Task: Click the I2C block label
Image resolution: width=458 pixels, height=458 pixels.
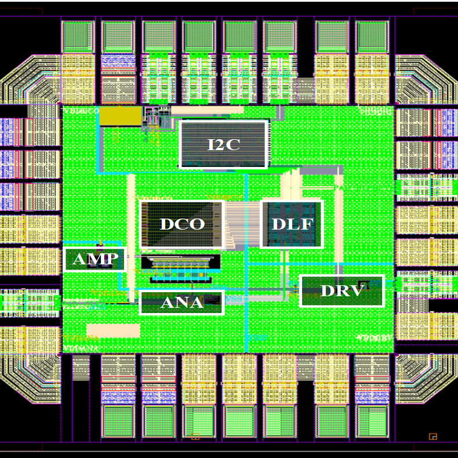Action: pyautogui.click(x=224, y=144)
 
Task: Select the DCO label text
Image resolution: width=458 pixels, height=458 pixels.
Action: pyautogui.click(x=182, y=224)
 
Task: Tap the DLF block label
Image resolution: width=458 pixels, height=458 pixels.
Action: pyautogui.click(x=292, y=224)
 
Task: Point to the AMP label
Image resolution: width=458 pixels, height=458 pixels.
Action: pyautogui.click(x=95, y=259)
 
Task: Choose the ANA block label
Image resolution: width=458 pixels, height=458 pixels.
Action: pyautogui.click(x=181, y=302)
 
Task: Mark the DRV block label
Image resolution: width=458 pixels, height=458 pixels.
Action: pyautogui.click(x=342, y=291)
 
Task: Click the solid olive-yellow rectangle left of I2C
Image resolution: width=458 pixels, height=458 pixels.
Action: pyautogui.click(x=121, y=116)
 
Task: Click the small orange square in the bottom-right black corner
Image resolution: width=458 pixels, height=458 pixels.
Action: pyautogui.click(x=432, y=436)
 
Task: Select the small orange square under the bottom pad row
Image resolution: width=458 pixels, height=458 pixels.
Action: pyautogui.click(x=195, y=437)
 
